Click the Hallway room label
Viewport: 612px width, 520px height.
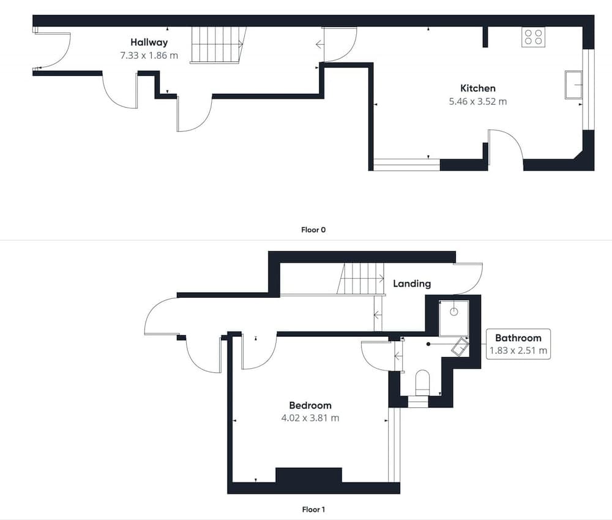click(149, 42)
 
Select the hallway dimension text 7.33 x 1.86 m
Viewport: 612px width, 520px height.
click(149, 56)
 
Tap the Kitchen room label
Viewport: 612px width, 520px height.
click(478, 88)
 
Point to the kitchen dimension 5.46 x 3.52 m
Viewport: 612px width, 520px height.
click(478, 102)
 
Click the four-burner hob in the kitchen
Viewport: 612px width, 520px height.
click(533, 37)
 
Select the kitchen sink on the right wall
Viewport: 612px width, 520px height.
click(573, 85)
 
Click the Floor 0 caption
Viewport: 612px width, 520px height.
click(313, 230)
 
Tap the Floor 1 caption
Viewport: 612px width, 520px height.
click(313, 510)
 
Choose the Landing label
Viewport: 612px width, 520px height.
click(412, 284)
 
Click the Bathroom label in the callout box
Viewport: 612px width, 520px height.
click(518, 338)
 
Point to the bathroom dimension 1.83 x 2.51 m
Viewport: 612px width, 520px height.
click(518, 350)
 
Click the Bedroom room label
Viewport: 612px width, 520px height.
click(310, 405)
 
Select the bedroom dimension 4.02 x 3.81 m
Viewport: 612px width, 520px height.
click(310, 418)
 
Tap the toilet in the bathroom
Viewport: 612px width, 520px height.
click(422, 383)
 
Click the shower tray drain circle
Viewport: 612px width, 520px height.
click(453, 312)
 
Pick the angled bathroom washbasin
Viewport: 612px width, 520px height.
click(460, 347)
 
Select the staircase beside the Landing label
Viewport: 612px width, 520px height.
click(360, 279)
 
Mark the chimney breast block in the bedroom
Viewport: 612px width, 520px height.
click(308, 475)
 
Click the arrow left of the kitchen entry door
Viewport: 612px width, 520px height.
click(319, 45)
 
